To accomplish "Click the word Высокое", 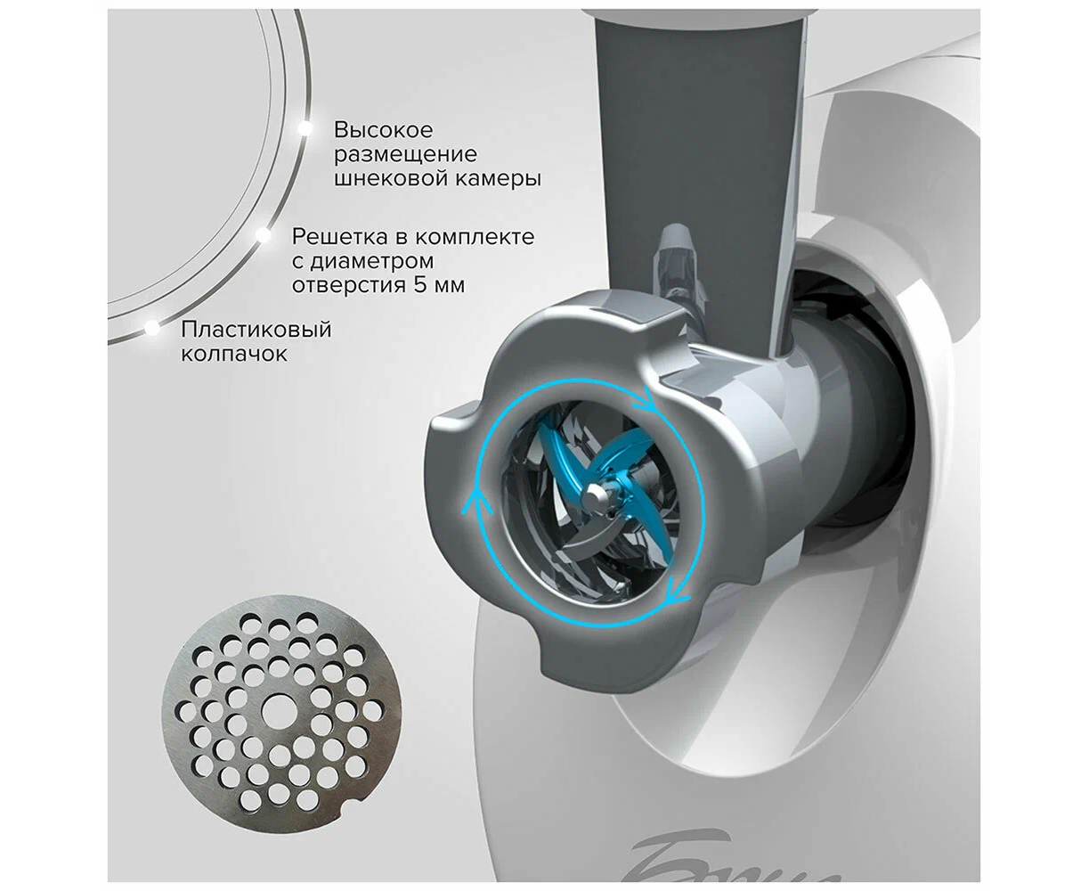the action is click(x=383, y=130).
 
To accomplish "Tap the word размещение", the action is click(x=405, y=154).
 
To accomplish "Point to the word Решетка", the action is click(x=340, y=237).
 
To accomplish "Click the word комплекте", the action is click(x=475, y=237).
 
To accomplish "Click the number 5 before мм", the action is click(x=419, y=284).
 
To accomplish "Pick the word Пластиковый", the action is click(x=256, y=330).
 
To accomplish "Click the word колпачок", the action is click(x=234, y=354).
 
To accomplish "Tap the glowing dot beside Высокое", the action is click(x=305, y=127).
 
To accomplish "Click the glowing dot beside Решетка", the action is click(x=263, y=235).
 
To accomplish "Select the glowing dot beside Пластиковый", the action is click(x=152, y=328).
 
